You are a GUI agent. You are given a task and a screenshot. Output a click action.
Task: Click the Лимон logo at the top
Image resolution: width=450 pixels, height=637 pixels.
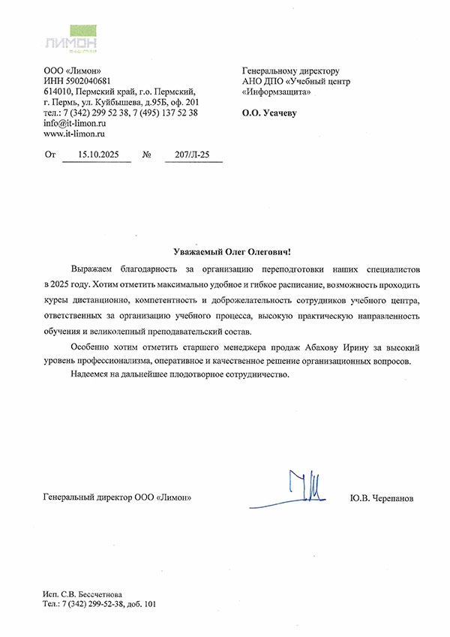point(71,41)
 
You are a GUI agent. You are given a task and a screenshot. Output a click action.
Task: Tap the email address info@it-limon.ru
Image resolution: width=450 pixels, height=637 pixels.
point(74,122)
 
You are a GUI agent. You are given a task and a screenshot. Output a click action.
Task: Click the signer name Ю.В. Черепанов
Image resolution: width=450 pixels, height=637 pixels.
point(381,497)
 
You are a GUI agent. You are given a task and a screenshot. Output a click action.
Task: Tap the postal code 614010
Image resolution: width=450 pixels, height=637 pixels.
point(58,91)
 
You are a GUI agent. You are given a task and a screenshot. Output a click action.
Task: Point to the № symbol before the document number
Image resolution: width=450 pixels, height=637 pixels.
point(147,155)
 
